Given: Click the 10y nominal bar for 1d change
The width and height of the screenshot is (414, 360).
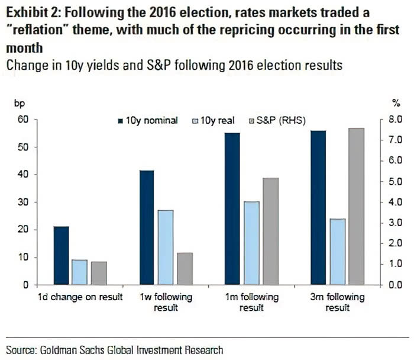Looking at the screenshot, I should coord(62,255).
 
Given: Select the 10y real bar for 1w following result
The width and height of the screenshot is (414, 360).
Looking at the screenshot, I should coord(166,247).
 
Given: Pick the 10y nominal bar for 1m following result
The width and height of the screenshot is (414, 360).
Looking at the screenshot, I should coord(232,208).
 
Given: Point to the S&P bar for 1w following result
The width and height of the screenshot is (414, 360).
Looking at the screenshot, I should coord(185,268).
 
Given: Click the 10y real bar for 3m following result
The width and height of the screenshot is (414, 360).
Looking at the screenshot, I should coord(321,252).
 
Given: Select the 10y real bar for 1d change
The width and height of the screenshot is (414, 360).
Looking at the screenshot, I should coord(80,272).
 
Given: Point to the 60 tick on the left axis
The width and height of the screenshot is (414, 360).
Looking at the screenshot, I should coord(23,120).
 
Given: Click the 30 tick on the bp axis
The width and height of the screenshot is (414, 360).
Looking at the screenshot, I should coord(23,202).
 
